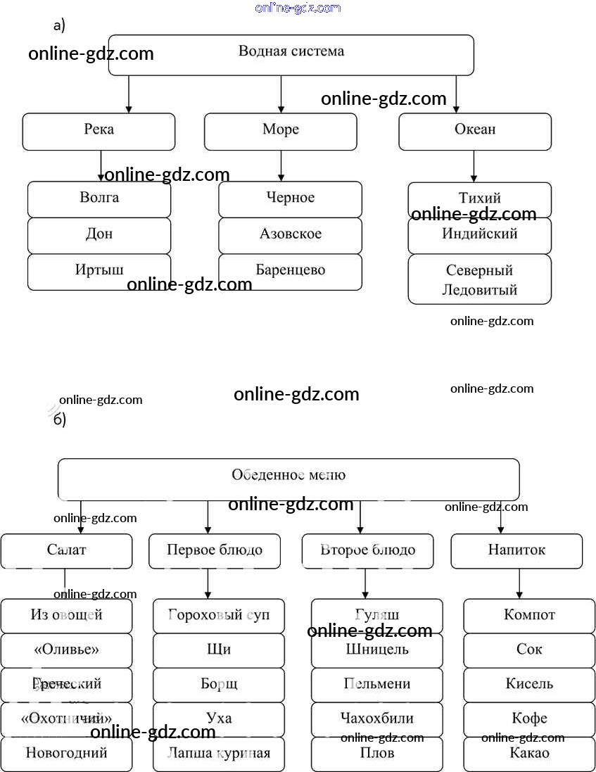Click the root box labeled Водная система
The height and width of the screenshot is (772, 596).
pos(291,53)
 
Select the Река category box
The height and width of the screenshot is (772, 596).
pos(99,131)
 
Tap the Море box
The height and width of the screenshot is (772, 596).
pos(280,131)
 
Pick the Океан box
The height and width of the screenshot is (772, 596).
pos(475,131)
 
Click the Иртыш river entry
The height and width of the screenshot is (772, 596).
pos(99,271)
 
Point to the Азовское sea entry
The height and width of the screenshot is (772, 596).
pos(290,235)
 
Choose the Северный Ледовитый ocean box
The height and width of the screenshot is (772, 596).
pos(479,279)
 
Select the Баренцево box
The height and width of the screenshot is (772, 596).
pos(290,271)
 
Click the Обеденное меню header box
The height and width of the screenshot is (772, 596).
pos(289,479)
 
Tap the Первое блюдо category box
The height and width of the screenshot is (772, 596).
pos(215,550)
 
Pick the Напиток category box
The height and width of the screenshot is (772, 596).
pos(516,550)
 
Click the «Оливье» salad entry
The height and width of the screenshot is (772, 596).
pos(66,650)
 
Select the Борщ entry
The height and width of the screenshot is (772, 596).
pos(219,684)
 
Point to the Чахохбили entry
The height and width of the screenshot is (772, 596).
pos(377,719)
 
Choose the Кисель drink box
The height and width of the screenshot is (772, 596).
pos(529,684)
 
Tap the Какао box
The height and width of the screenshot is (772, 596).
pos(529,753)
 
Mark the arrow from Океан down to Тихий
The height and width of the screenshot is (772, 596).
pos(474,167)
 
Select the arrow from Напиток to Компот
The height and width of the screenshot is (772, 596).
pos(519,583)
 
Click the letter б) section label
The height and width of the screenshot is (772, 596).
pos(60,420)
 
